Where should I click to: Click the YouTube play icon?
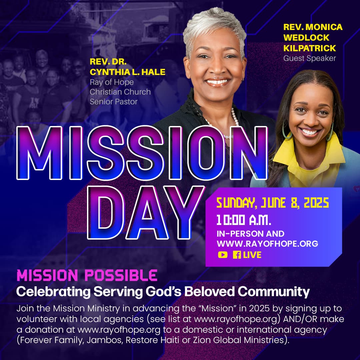(223, 255)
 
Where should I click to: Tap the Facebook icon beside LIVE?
(237, 255)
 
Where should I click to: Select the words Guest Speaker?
(309, 58)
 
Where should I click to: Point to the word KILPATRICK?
(309, 48)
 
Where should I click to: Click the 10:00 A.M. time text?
(244, 220)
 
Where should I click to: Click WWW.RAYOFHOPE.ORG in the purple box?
(267, 244)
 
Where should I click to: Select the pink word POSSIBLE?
(121, 275)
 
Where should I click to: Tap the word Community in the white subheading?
(274, 292)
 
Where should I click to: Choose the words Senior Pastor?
(113, 102)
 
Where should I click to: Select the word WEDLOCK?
(306, 38)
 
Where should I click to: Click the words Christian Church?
(120, 92)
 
